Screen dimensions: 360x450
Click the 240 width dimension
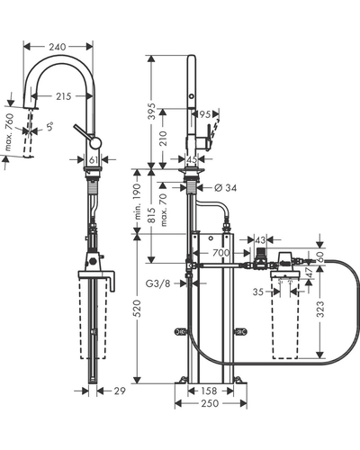coord(58,47)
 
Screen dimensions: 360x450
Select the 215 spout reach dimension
coord(63,96)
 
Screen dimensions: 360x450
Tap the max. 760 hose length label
coord(10,132)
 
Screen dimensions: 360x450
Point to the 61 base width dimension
coord(94,160)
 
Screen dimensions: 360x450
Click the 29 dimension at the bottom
coord(120,391)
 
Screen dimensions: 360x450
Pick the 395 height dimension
coord(152,112)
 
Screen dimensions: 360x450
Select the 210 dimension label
coord(163,139)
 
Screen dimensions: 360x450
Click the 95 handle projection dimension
coord(204,114)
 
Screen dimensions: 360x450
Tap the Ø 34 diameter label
coord(226,188)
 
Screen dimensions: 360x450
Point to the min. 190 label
coord(137,202)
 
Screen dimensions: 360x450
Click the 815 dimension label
coord(152,215)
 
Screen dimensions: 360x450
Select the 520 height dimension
coord(137,308)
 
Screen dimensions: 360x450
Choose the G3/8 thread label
coord(157,283)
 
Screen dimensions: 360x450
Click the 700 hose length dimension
coord(221,253)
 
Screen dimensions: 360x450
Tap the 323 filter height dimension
coord(320,310)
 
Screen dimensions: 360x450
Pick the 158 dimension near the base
coord(209,391)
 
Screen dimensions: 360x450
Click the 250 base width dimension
coord(210,403)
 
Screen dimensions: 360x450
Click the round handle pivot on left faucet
coord(96,143)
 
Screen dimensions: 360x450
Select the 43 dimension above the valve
coord(260,240)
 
